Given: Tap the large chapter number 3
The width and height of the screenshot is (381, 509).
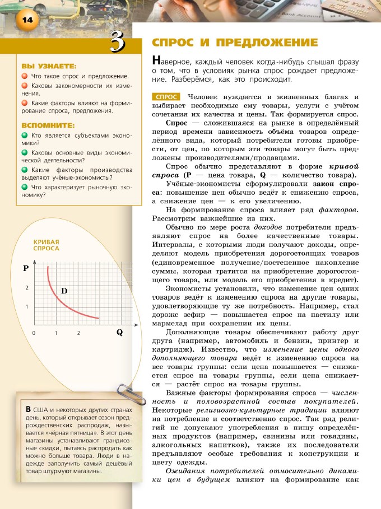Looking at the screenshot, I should [117, 42].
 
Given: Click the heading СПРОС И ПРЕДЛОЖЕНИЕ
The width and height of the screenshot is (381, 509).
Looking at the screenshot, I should [235, 43].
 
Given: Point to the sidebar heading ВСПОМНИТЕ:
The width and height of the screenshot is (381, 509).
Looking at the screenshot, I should [48, 125].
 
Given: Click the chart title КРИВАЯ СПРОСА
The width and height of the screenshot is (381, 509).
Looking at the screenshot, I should [46, 244].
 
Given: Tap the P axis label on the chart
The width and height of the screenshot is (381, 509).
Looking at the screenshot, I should [26, 268].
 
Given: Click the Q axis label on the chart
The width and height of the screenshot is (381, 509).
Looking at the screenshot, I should [119, 332].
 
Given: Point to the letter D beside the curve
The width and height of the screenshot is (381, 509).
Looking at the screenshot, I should [64, 291].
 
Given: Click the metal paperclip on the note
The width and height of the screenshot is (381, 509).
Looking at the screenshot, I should [127, 393].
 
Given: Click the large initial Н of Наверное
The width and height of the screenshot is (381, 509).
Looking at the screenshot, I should [156, 61].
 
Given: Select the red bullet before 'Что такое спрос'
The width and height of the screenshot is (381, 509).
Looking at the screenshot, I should [25, 76].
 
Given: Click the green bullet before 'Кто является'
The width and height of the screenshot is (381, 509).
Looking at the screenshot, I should [25, 136].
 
